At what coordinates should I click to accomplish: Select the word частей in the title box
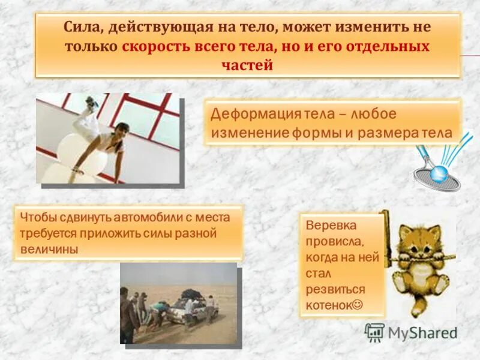click(248, 65)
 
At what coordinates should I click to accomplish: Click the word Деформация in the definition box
click(246, 113)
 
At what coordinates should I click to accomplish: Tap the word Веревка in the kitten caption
click(331, 227)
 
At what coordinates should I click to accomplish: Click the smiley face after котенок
click(357, 304)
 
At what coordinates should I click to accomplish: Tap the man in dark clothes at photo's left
click(127, 315)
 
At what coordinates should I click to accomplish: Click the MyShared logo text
click(422, 332)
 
